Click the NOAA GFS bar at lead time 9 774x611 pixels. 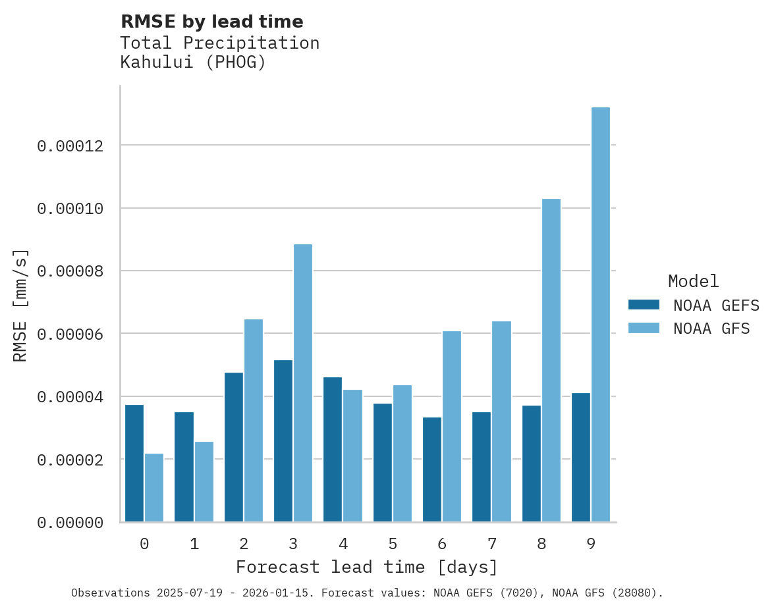coord(600,315)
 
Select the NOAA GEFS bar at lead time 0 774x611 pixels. coord(134,464)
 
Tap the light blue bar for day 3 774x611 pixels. coord(303,383)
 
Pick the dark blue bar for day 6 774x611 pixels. coord(432,469)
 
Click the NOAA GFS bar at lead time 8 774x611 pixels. coord(551,360)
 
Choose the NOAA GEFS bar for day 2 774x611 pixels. coord(234,447)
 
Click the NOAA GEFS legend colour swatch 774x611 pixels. coord(644,304)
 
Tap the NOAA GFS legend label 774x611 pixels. coord(711,328)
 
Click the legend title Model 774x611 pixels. coord(693,281)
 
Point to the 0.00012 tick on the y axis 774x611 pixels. coord(70,146)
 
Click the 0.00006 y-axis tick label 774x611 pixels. coord(70,334)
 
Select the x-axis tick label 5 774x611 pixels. coord(393,544)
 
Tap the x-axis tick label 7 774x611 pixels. coord(492,544)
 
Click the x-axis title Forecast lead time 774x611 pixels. coord(367,567)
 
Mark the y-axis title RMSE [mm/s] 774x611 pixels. coord(20,305)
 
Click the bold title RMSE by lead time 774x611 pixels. coord(211,22)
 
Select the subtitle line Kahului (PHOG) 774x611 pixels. coord(192,63)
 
